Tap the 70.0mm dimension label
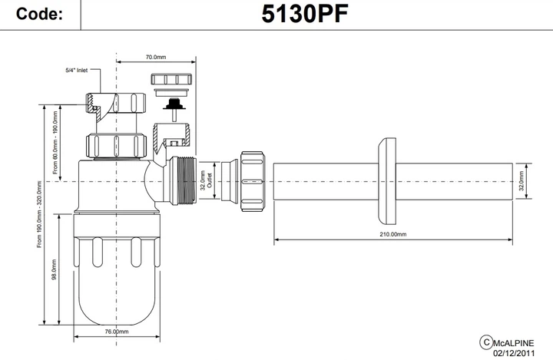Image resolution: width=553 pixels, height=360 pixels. pyautogui.click(x=156, y=57)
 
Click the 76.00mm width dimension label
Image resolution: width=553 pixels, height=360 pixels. pyautogui.click(x=116, y=332)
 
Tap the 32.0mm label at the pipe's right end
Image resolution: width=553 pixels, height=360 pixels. pyautogui.click(x=522, y=181)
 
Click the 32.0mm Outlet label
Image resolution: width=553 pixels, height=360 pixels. pyautogui.click(x=205, y=181)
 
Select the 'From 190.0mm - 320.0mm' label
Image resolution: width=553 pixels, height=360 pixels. pyautogui.click(x=38, y=214)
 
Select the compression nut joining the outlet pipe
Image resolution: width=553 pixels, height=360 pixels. pyautogui.click(x=253, y=181)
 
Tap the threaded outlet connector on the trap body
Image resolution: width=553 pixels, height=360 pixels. pyautogui.click(x=184, y=181)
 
